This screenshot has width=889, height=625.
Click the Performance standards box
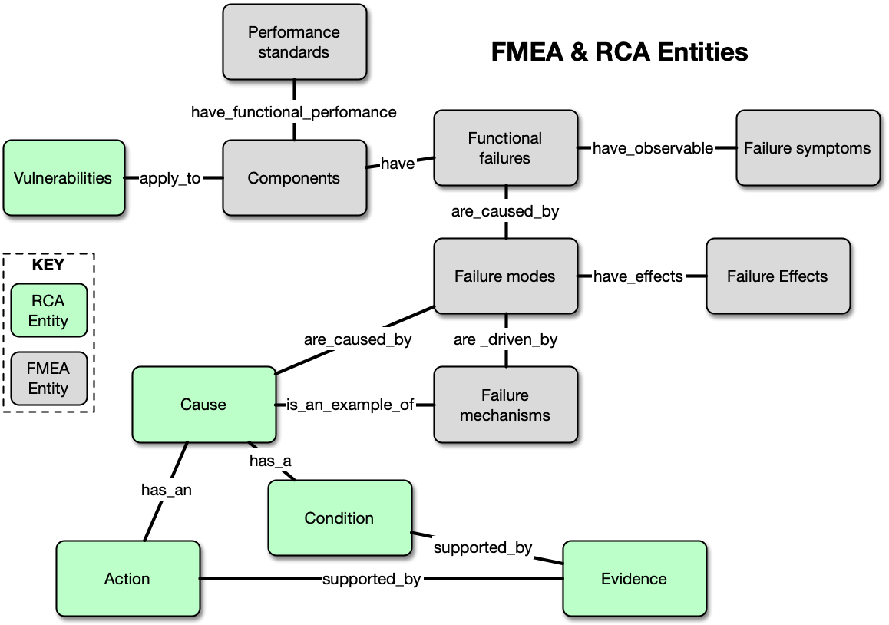[x=294, y=42]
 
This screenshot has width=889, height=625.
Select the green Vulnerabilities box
[x=64, y=178]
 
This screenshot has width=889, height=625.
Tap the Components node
[x=294, y=178]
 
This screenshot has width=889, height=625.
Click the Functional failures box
[x=505, y=148]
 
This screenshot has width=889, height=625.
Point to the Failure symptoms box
[x=808, y=148]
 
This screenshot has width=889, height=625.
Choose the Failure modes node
[x=505, y=276]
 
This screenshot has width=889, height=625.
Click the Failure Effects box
[x=778, y=276]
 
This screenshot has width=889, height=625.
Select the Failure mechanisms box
[x=505, y=405]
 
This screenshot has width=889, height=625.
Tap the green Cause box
[x=203, y=405]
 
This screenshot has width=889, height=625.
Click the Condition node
[x=339, y=518]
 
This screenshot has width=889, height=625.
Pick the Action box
[x=127, y=579]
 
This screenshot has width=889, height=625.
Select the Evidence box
[x=634, y=579]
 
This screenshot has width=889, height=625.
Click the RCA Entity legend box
[x=48, y=311]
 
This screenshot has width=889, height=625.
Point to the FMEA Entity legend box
[x=48, y=379]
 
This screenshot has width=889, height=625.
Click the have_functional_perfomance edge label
[x=294, y=112]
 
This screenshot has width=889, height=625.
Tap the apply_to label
[x=170, y=179]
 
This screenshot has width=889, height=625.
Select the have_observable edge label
[x=653, y=148]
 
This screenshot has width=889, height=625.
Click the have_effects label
[x=638, y=276]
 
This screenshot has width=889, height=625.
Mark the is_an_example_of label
[x=350, y=405]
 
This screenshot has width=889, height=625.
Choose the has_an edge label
[x=167, y=490]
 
